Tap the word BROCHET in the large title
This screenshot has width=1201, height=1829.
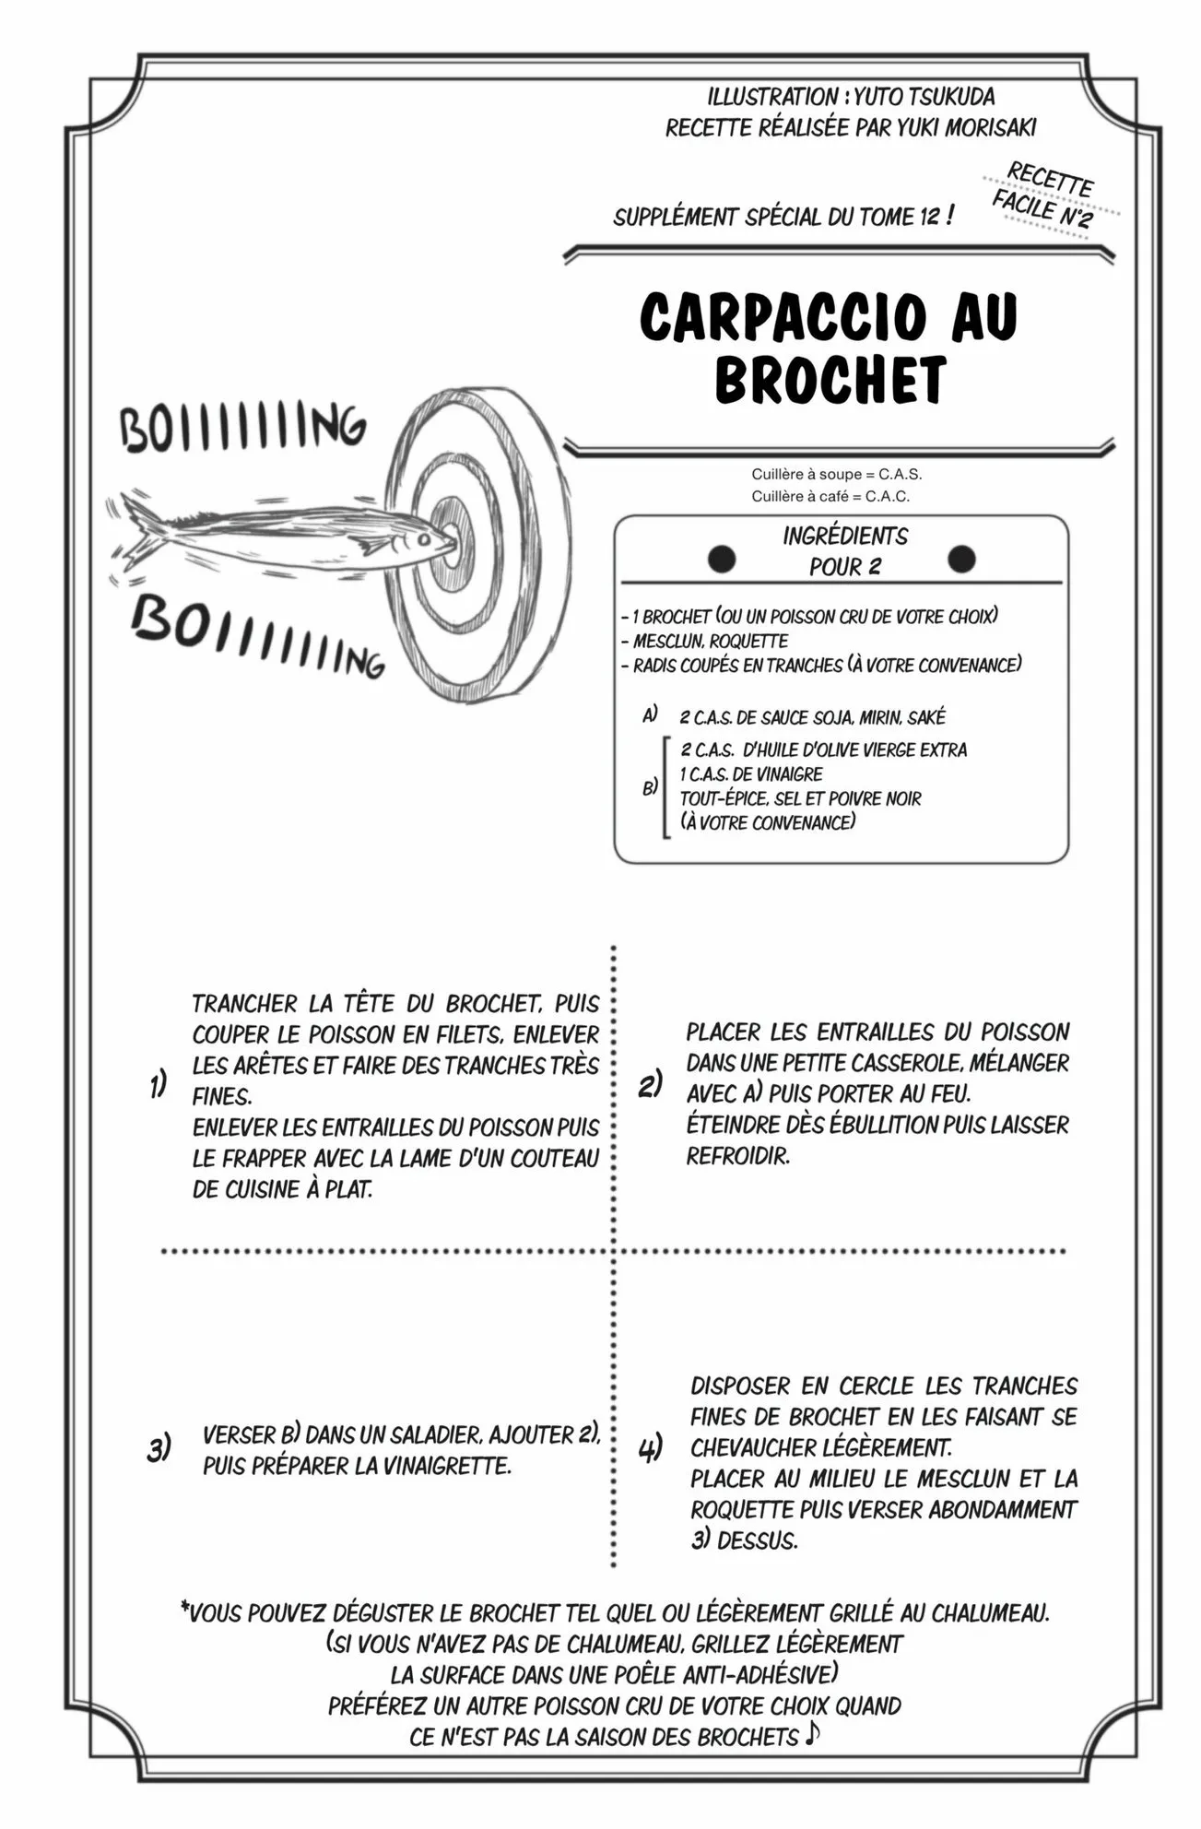(x=830, y=379)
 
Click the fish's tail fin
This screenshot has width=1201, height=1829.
(x=139, y=535)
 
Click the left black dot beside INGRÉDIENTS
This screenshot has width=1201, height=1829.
(x=721, y=559)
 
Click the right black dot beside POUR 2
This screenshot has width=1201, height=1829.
(x=961, y=559)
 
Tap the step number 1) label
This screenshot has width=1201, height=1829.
(x=159, y=1085)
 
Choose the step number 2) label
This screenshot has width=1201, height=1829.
(x=650, y=1085)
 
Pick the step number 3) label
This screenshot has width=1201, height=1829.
(x=159, y=1449)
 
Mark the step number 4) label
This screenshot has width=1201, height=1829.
(x=650, y=1449)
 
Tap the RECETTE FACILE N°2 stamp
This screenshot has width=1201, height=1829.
(x=1046, y=195)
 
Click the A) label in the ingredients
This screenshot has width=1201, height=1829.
(x=650, y=714)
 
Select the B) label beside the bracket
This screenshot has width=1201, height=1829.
(x=650, y=787)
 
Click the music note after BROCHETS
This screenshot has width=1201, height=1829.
(x=811, y=1734)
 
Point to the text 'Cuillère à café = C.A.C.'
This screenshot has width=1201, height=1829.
(x=830, y=496)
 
